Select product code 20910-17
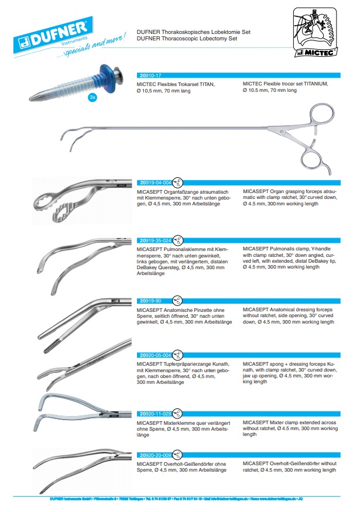[151, 76]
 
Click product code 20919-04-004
[155, 182]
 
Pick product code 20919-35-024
[155, 240]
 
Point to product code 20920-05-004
[155, 355]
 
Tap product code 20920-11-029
[155, 413]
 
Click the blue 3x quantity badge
[92, 98]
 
